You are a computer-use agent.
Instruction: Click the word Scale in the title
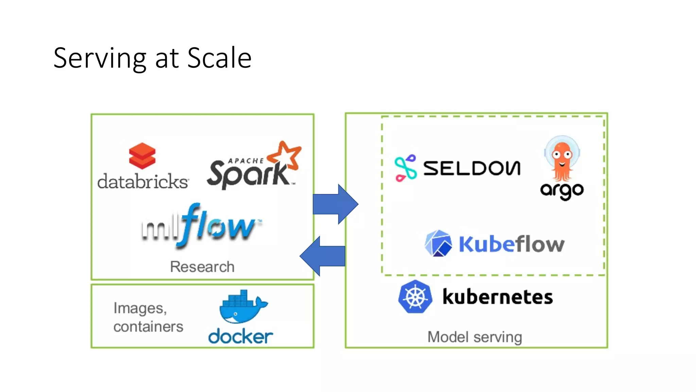point(219,58)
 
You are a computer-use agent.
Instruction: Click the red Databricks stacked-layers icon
point(142,156)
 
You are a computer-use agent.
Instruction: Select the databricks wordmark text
point(143,181)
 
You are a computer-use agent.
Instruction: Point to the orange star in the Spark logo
point(285,156)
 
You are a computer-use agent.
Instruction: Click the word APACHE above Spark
point(246,161)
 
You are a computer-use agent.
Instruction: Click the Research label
point(202,267)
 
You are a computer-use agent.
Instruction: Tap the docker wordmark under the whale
point(240,337)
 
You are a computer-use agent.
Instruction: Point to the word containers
point(148,327)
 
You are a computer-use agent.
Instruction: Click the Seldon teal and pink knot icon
point(405,168)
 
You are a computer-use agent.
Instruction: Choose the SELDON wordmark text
point(472,168)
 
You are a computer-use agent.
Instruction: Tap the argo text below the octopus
point(562,191)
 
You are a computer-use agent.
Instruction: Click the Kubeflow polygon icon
point(438,243)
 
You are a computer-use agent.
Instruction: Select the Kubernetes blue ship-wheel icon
point(415,297)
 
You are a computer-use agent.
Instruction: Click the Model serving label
point(475,337)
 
